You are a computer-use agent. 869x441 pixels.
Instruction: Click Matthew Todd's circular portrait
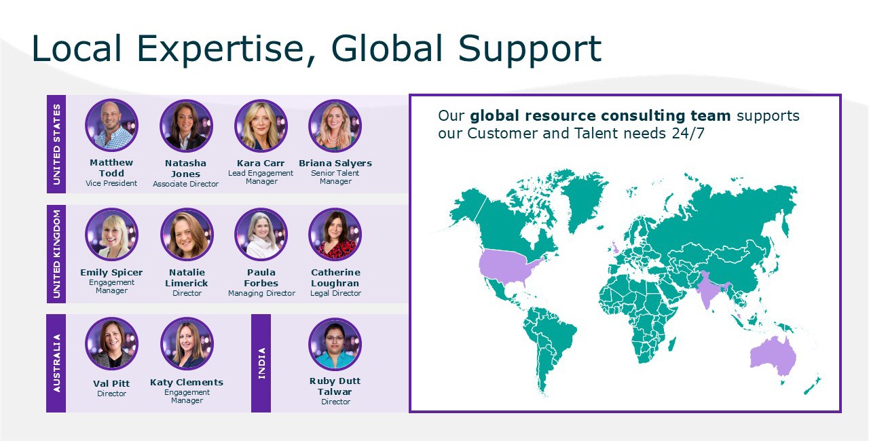click(112, 125)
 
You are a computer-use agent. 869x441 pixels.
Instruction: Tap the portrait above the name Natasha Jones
click(186, 126)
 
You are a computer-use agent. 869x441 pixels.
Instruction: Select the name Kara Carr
click(261, 163)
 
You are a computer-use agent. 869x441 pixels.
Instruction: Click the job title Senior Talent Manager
click(335, 177)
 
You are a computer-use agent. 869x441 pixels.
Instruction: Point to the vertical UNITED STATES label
click(56, 144)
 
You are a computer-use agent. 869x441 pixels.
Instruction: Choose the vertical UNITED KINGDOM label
click(56, 254)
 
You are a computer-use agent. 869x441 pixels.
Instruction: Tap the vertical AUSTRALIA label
click(56, 363)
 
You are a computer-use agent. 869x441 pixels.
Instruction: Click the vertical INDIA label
click(262, 363)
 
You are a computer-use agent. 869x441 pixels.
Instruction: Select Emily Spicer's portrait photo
click(112, 235)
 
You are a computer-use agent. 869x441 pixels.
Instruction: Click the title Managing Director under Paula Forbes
click(261, 293)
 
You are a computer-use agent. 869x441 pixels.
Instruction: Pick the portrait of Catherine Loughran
click(335, 235)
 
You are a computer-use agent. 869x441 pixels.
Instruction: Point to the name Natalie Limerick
click(187, 278)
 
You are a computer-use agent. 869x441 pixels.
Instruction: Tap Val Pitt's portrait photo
click(112, 344)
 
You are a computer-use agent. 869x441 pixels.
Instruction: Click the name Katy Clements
click(187, 382)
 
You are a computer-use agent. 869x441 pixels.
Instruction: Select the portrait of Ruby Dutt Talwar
click(335, 344)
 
